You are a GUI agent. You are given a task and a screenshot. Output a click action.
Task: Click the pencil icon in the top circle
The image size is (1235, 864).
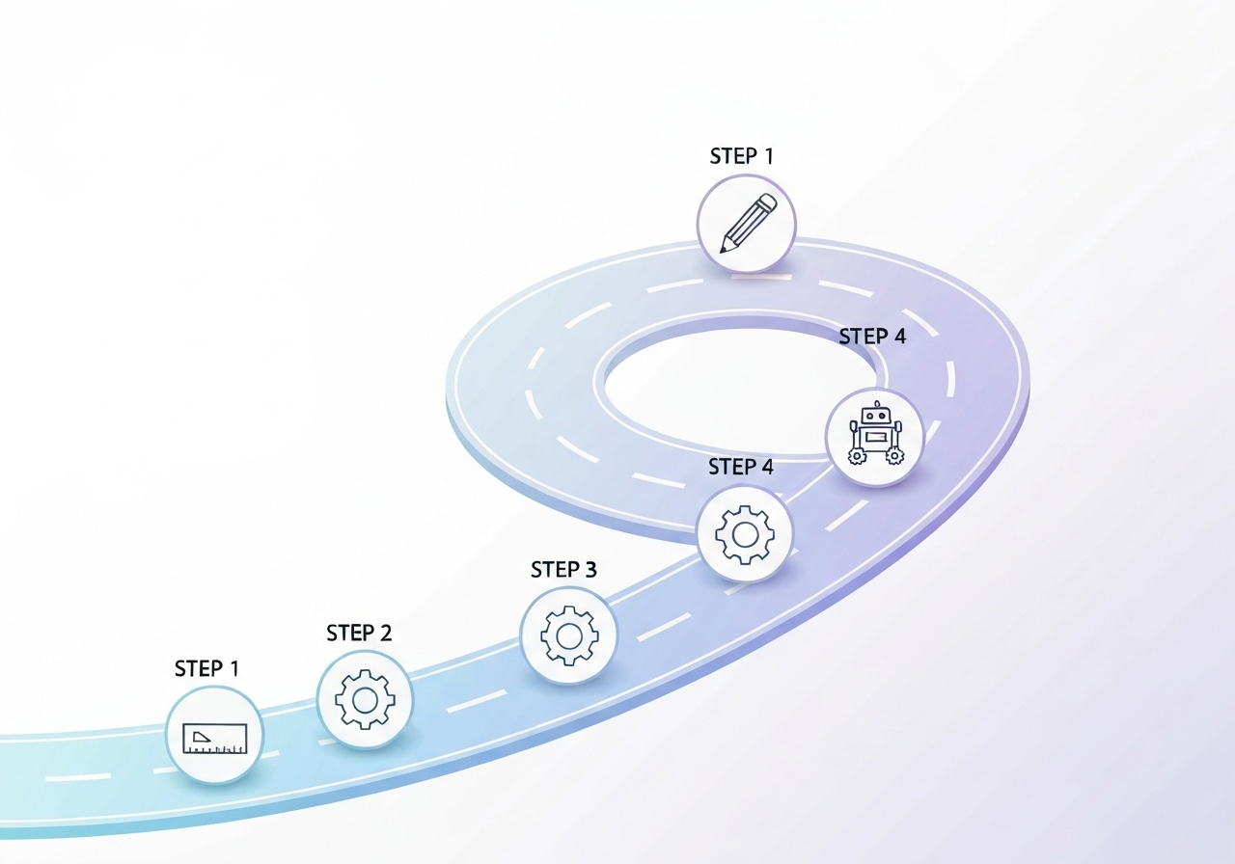747,224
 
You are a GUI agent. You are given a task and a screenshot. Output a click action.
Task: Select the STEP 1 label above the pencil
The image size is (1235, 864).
741,156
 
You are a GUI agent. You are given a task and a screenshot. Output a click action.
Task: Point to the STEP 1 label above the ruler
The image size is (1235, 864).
206,668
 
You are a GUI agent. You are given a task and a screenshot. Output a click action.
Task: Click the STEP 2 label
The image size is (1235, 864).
359,633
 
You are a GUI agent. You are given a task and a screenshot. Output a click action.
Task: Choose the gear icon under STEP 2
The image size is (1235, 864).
365,699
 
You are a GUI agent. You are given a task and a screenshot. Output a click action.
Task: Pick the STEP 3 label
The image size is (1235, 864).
563,570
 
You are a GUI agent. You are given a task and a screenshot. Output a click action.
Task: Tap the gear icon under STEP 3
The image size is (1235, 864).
568,635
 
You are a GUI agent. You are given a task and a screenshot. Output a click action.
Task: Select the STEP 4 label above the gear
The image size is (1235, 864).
741,467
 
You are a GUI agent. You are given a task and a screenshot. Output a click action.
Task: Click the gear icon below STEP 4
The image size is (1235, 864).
745,533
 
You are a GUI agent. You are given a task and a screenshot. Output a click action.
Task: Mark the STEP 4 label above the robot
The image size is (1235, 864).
872,337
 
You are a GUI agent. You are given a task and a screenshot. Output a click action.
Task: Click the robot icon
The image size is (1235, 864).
875,437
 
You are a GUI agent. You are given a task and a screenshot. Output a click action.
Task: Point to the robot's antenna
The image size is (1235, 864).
876,405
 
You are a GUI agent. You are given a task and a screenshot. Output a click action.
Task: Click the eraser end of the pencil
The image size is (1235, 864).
769,202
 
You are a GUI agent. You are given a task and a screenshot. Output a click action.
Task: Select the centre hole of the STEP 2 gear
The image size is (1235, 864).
365,699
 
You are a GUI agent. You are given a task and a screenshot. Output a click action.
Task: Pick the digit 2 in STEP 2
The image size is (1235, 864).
385,633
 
